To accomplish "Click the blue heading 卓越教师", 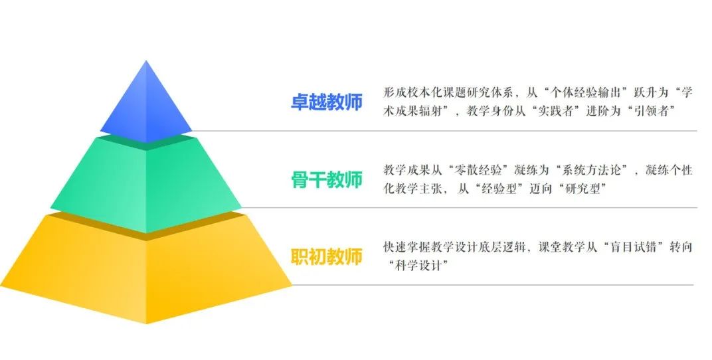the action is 327,102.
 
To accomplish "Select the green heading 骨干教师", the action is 327,180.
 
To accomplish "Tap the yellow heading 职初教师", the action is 327,257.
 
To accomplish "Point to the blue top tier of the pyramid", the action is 146,107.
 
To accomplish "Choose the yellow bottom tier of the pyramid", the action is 146,268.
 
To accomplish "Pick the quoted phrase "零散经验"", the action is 481,171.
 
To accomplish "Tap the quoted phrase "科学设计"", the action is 418,266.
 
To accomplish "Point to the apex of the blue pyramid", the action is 146,60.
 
